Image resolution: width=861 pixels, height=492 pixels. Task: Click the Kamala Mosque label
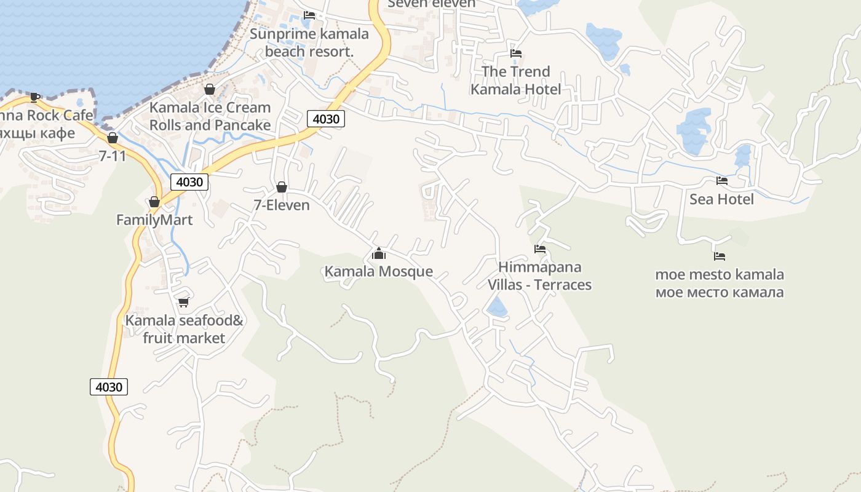click(378, 271)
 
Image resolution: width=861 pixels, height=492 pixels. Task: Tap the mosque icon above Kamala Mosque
click(379, 253)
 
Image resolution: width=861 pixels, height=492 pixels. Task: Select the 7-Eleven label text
click(282, 205)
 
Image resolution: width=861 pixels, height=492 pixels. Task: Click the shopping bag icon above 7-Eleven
click(282, 187)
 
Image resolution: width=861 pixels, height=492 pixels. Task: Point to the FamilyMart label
click(154, 220)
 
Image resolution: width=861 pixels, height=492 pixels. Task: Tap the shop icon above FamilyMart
click(154, 202)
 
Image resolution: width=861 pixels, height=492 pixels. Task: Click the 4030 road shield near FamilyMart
click(189, 182)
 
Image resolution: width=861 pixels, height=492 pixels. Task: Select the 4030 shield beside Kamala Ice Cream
click(325, 119)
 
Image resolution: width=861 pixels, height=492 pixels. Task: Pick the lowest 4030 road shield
click(109, 387)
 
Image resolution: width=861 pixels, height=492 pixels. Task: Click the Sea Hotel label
click(721, 199)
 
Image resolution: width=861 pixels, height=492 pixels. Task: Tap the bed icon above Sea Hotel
click(722, 181)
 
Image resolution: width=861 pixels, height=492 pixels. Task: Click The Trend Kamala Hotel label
click(515, 81)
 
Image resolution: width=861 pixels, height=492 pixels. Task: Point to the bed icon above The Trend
click(516, 54)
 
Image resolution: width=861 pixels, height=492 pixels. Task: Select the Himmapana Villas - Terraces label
click(539, 276)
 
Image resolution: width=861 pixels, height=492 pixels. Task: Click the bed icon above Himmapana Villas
click(540, 249)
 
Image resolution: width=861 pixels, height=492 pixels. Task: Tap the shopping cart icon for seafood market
click(183, 302)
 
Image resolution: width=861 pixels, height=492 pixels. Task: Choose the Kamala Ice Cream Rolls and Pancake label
click(210, 116)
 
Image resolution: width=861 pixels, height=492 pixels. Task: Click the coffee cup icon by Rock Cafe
click(35, 97)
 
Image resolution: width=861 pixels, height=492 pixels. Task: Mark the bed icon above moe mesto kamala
click(720, 256)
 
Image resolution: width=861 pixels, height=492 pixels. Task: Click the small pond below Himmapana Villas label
click(497, 307)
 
